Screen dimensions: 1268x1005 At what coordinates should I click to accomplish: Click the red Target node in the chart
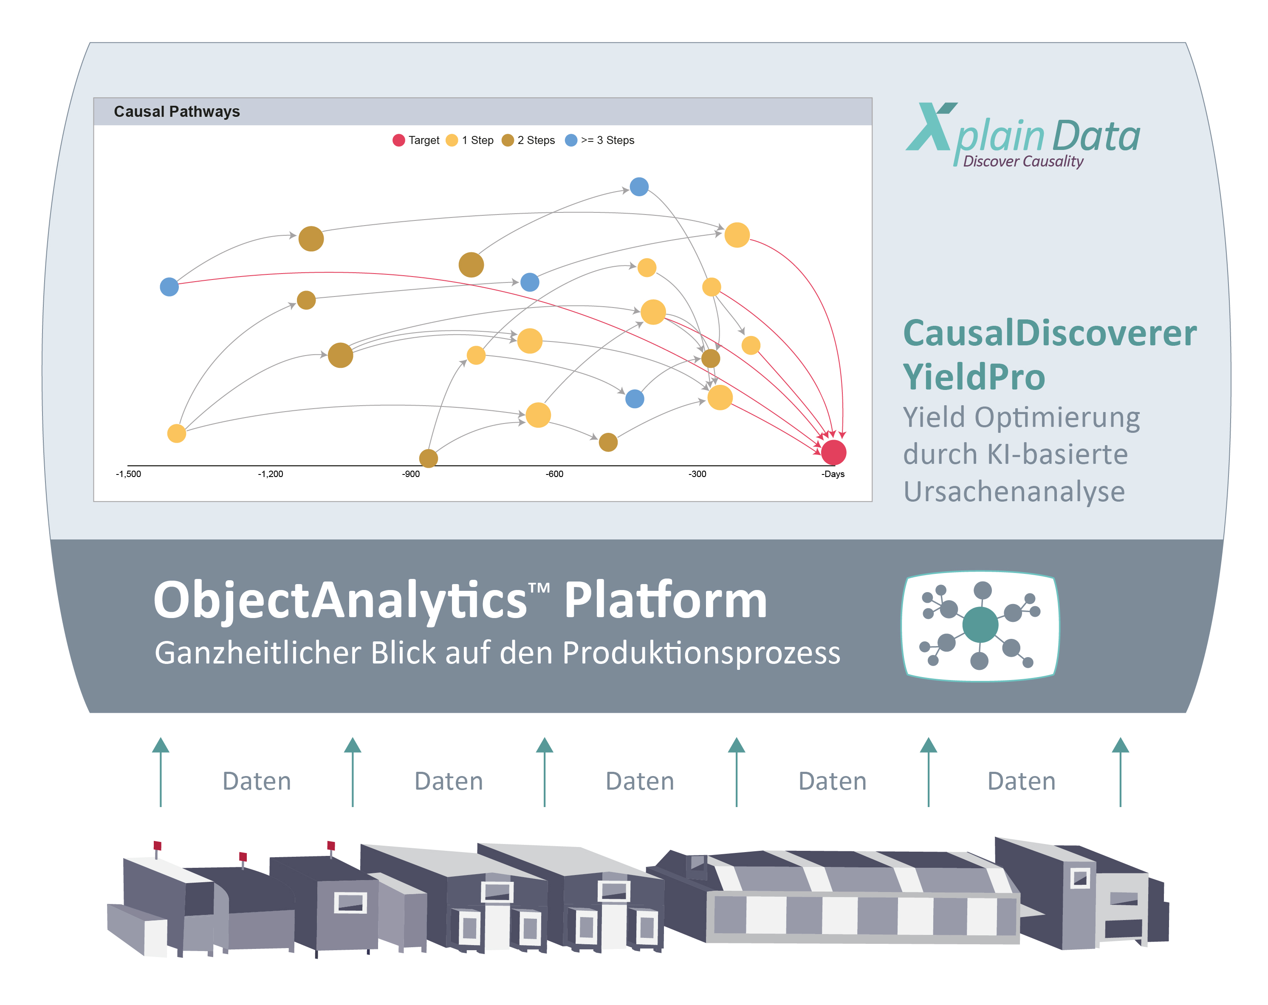tap(833, 452)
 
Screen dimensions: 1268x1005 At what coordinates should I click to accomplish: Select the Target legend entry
tap(416, 140)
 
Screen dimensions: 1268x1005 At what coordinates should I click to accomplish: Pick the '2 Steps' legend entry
tap(528, 140)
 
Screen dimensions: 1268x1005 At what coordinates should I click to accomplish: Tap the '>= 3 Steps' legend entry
tap(599, 140)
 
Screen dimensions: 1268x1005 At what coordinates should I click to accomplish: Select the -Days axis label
tap(833, 474)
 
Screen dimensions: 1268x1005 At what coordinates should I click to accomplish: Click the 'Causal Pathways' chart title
tap(177, 111)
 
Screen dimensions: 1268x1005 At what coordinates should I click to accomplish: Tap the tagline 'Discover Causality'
tap(1023, 161)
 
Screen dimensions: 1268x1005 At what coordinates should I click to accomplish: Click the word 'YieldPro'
tap(974, 376)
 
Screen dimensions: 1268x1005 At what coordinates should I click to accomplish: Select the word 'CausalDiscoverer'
tap(1050, 333)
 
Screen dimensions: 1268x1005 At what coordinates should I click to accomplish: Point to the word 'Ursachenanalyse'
tap(1014, 491)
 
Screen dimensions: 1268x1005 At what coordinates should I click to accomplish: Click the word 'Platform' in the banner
tap(666, 601)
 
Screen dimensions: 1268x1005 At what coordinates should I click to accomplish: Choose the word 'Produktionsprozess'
tap(702, 653)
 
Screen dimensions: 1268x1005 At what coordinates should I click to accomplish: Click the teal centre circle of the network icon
tap(980, 624)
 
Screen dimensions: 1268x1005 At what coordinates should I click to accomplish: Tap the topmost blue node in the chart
tap(639, 186)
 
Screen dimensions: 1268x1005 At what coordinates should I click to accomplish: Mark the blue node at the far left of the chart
tap(169, 287)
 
